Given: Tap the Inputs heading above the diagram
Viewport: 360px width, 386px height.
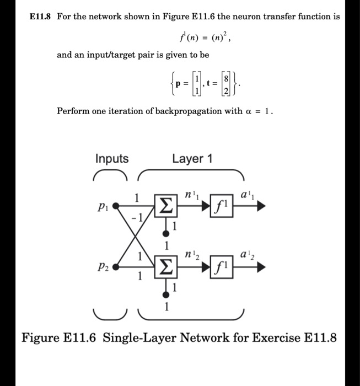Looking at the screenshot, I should (x=112, y=159).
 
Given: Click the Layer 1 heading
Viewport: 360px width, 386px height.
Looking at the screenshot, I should (x=192, y=159).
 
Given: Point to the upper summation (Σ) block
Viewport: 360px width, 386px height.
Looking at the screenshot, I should (x=165, y=207).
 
